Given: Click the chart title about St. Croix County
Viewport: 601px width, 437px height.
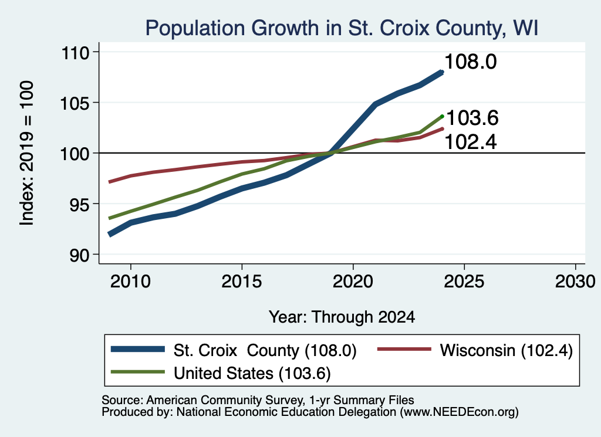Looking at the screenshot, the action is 342,28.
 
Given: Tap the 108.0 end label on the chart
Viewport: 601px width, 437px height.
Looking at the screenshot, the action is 471,62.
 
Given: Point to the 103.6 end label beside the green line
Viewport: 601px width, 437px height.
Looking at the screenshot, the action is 472,117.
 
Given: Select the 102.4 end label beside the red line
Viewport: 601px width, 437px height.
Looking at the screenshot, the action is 471,142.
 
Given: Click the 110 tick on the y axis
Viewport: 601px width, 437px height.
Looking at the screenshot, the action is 75,52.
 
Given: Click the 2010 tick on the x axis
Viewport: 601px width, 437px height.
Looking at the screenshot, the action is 130,282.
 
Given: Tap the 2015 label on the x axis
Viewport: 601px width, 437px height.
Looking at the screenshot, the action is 241,282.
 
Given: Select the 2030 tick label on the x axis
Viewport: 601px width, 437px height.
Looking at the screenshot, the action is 575,282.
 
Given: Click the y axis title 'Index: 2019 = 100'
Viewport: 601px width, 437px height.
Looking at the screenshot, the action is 26,153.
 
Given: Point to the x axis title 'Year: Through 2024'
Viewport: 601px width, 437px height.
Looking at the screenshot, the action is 342,317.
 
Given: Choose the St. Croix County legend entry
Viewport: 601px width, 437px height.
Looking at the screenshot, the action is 234,350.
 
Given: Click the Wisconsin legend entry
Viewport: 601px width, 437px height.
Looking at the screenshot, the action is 475,350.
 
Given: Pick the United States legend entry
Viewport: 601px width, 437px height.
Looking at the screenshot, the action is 221,373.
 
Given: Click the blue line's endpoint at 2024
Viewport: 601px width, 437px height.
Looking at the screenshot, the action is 442,72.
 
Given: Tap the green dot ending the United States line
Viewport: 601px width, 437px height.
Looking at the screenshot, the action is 443,116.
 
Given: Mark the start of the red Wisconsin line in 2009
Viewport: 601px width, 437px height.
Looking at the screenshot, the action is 110,182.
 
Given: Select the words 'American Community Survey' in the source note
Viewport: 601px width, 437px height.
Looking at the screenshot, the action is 224,400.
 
